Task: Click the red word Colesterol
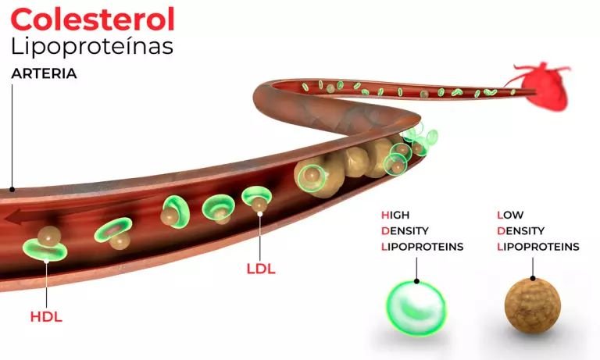pos(93,20)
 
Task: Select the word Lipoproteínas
pos(92,47)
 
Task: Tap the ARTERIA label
pos(44,73)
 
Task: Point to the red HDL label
pos(46,317)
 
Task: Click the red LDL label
pos(261,269)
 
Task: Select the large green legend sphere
pos(416,308)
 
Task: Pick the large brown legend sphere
pos(533,305)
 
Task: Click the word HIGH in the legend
pos(395,215)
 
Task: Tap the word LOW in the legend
pos(510,215)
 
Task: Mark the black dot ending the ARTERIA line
pos(12,190)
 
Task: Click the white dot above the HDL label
pos(46,262)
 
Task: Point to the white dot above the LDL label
pos(260,214)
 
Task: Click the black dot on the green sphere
pos(416,281)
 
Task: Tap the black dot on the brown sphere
pos(533,278)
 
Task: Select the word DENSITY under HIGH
pos(405,231)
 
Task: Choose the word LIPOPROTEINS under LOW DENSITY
pos(538,247)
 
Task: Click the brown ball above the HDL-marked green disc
pos(49,236)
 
